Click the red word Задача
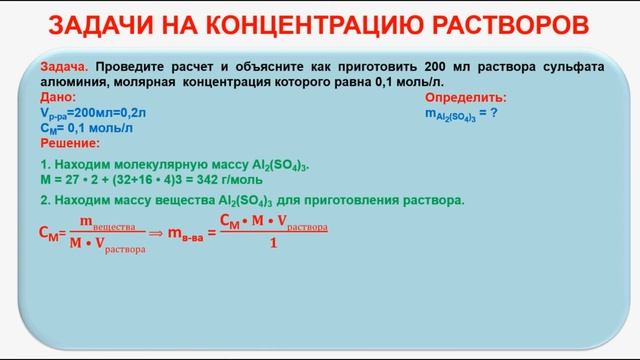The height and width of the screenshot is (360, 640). pyautogui.click(x=64, y=64)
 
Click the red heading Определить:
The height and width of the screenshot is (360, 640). pyautogui.click(x=465, y=98)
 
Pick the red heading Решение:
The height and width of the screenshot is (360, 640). pyautogui.click(x=69, y=143)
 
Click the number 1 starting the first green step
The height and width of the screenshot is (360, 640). pyautogui.click(x=44, y=163)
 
